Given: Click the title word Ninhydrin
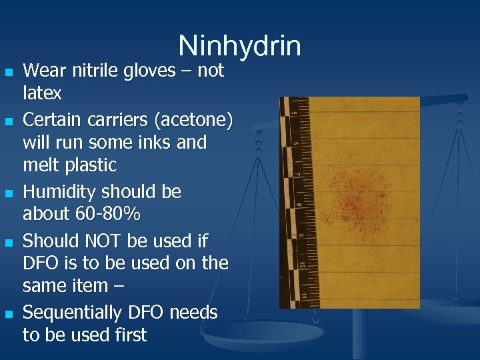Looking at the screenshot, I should [x=239, y=46].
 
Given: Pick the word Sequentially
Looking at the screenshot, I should [x=69, y=312].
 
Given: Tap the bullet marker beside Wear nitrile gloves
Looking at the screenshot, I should [x=8, y=71].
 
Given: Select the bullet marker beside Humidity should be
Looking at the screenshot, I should [x=8, y=193].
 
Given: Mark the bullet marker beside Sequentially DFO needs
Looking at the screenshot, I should [x=8, y=313].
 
